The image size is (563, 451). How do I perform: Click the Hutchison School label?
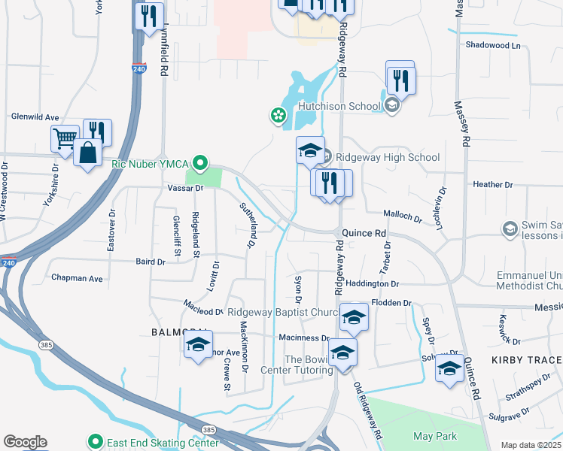[339, 106]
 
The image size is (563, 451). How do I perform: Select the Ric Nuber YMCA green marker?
[200, 162]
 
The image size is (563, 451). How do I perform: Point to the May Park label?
[431, 436]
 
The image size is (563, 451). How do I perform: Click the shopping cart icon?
[65, 138]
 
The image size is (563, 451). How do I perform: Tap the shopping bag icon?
[88, 152]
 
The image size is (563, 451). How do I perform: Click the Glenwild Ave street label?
[35, 117]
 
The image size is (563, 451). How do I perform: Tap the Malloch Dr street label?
[403, 216]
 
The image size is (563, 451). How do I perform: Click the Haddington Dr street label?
[372, 283]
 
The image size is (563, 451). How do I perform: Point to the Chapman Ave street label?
[77, 278]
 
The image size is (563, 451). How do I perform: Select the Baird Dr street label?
[151, 262]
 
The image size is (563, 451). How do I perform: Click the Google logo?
[25, 442]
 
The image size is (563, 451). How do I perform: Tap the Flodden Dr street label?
[394, 303]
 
